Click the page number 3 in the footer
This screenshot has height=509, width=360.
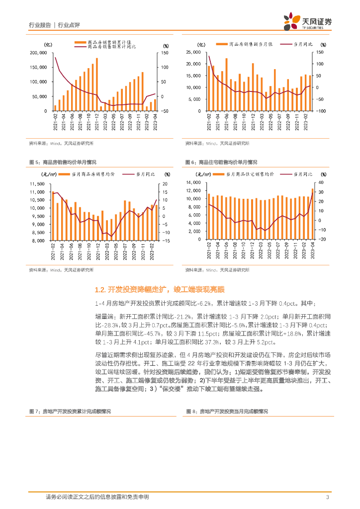pos(327,497)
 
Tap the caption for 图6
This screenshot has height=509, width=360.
pos(221,163)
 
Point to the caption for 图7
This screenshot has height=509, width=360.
pos(69,412)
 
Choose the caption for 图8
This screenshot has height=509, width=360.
pos(226,412)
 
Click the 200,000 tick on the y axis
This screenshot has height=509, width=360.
pos(38,53)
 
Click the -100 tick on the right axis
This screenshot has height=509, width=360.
pos(320,111)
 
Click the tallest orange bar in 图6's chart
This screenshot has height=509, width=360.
pos(313,214)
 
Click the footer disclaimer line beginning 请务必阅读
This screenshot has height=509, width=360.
pos(97,497)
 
